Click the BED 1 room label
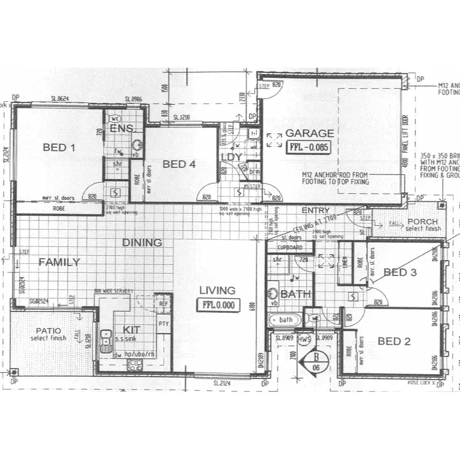pos(59,147)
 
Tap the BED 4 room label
pos(179,164)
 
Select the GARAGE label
pos(310,133)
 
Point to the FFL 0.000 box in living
pos(217,305)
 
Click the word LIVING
pos(217,290)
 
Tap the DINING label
pos(142,242)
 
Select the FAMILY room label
pos(59,262)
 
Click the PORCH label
pos(423,221)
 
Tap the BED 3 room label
pos(400,272)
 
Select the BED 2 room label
pos(394,341)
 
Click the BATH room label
pos(296,294)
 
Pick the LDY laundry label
pos(231,157)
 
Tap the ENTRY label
pos(316,210)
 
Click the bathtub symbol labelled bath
pos(285,320)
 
